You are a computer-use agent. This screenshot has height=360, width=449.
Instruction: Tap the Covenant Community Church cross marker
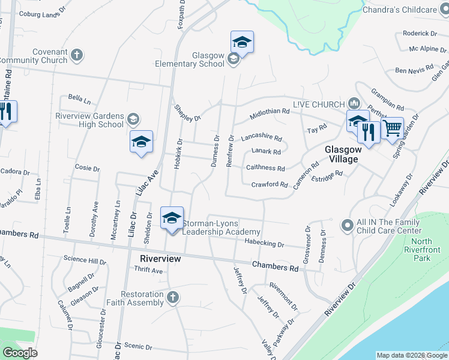[76, 56]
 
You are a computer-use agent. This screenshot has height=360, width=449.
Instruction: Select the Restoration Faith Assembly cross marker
[173, 297]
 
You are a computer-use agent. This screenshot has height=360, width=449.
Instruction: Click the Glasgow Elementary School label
[190, 59]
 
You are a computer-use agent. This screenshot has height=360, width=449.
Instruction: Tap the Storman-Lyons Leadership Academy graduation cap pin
[172, 218]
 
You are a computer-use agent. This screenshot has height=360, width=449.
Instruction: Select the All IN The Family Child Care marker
[346, 226]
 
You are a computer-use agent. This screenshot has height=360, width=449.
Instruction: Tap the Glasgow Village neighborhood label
[342, 154]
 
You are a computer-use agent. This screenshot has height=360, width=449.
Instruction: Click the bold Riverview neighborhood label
[160, 258]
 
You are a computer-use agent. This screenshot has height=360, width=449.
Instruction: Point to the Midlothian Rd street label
[270, 112]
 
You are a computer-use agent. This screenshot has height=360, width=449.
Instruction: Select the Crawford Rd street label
[269, 185]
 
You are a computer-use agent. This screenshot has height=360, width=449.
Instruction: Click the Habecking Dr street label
[264, 244]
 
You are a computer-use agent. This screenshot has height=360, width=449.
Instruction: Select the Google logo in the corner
[20, 352]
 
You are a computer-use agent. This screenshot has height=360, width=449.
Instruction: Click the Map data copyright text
[412, 355]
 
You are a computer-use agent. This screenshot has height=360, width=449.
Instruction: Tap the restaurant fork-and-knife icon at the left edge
[5, 113]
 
